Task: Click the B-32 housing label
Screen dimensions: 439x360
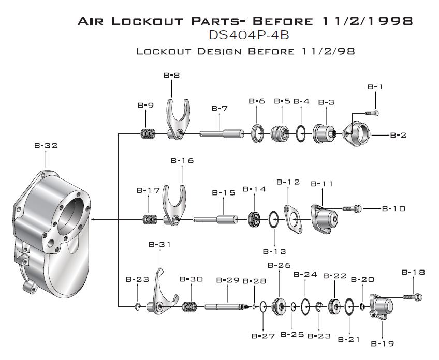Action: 46,146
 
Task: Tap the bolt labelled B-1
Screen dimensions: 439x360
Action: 372,113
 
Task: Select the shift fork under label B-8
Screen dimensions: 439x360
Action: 178,119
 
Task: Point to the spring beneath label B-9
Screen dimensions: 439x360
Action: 148,133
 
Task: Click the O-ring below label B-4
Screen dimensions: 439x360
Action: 301,133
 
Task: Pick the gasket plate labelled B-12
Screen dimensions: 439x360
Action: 293,220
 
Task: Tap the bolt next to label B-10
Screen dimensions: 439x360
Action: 352,208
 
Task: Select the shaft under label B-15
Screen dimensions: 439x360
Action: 215,219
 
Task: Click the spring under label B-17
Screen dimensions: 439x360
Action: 150,220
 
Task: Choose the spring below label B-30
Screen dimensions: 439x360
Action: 189,307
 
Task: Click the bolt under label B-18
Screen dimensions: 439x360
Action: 413,297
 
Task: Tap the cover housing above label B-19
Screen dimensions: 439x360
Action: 381,306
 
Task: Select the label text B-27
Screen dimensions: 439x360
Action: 263,336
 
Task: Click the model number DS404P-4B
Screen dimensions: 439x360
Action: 249,35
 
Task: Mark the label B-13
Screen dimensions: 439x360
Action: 274,251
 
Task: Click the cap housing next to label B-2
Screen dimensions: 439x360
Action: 357,133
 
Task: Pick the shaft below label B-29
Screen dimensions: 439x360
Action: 227,307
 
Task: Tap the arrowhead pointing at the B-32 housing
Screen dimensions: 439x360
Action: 93,220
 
